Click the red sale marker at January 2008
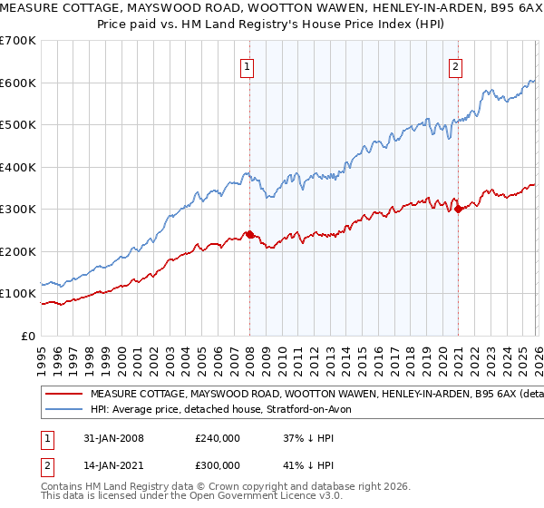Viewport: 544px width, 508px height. coord(250,234)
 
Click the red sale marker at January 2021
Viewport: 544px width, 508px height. coord(458,209)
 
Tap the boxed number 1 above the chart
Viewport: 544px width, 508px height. coord(247,65)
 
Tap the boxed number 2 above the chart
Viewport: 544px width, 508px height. coord(454,65)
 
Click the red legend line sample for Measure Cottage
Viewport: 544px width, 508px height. coord(64,395)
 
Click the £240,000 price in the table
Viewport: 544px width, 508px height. coord(218,438)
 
